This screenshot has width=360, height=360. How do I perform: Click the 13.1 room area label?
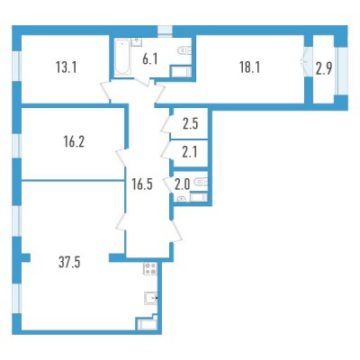click(x=67, y=67)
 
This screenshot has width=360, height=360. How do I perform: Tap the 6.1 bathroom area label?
click(x=150, y=60)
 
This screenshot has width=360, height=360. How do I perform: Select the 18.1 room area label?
click(x=249, y=67)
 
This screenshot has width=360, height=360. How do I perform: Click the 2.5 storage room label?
click(x=191, y=123)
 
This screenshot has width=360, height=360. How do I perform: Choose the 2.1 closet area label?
click(x=190, y=153)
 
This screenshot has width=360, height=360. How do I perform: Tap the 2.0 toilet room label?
click(x=183, y=184)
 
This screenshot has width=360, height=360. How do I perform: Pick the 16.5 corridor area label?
click(x=142, y=184)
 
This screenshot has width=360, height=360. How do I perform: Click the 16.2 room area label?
click(x=74, y=142)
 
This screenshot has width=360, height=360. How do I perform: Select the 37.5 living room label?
click(x=69, y=263)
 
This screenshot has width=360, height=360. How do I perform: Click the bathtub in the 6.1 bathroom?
click(x=122, y=58)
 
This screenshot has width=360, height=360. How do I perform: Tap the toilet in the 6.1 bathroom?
click(x=184, y=50)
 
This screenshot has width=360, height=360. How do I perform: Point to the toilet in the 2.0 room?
click(x=201, y=182)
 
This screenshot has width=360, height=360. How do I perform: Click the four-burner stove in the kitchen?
click(x=149, y=268)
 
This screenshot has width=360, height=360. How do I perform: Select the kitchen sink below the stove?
click(x=151, y=298)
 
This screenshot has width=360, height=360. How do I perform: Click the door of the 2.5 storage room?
click(x=166, y=124)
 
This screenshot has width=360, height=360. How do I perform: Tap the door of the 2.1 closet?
click(x=166, y=149)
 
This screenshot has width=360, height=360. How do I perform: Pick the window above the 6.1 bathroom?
click(x=165, y=31)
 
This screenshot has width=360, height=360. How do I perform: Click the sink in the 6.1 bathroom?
click(x=137, y=42)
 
